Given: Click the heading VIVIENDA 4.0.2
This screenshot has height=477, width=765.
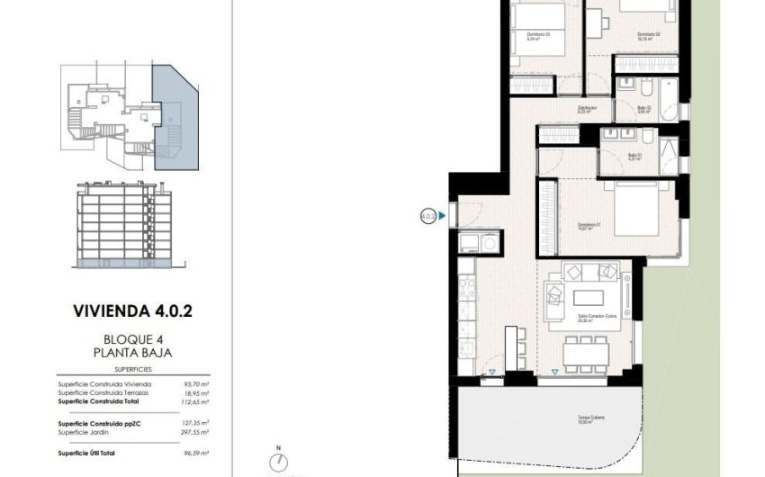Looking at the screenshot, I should pos(132,311).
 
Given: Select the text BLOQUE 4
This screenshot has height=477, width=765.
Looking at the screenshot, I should pos(132,340).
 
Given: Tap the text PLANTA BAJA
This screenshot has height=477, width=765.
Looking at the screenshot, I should pos(132,354).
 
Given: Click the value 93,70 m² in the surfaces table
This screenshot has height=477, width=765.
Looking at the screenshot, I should pos(196,383).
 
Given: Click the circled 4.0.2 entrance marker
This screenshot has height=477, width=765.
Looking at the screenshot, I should pos(428,216).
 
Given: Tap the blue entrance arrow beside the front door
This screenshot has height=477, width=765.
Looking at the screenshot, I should pos(443,216).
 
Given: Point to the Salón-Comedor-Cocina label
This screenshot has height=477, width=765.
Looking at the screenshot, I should pos(585,317).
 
